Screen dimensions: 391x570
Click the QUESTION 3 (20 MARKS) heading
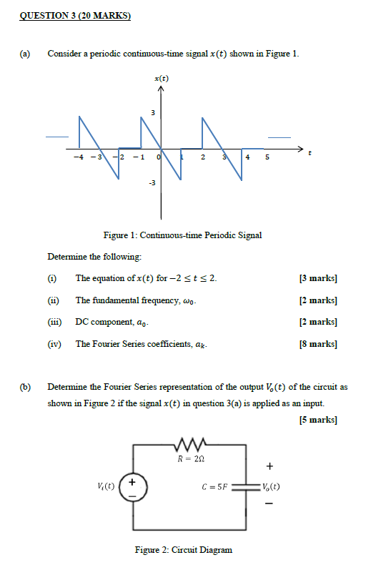coord(74,16)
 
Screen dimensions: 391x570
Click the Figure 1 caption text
coord(183,235)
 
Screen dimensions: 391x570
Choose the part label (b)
coord(26,387)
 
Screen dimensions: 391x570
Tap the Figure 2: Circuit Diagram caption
coord(184,550)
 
